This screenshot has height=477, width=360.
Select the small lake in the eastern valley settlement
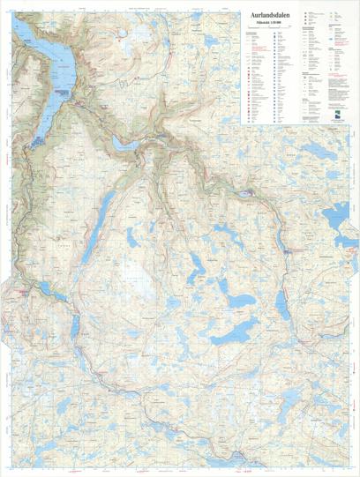pos(245,192)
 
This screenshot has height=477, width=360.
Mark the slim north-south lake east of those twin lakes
pos(285,310)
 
